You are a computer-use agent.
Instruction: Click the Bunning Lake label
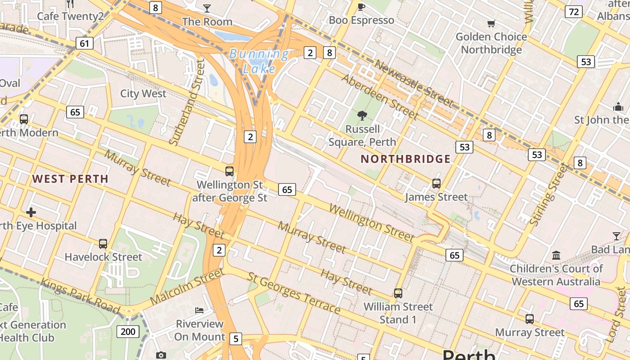(x=259, y=61)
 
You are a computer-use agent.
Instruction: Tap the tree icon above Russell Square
(x=362, y=116)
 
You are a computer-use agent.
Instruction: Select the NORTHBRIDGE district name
(x=405, y=159)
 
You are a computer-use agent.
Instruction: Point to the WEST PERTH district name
(x=70, y=179)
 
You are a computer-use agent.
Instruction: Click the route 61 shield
(x=85, y=43)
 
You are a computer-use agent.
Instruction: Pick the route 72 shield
(x=573, y=12)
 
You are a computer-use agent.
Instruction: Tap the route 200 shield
(x=128, y=332)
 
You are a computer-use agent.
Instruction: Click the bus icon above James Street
(x=436, y=184)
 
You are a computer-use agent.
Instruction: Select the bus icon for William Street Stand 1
(x=398, y=293)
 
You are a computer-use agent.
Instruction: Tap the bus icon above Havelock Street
(x=103, y=244)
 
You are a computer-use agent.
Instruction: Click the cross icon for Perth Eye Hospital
(x=31, y=212)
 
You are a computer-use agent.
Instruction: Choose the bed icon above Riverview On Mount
(x=199, y=310)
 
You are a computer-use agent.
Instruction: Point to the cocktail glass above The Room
(x=207, y=8)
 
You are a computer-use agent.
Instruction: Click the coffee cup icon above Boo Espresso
(x=361, y=7)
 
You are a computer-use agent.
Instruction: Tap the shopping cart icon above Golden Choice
(x=491, y=23)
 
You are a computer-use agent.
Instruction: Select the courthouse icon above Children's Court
(x=556, y=256)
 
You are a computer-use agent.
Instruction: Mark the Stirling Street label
(x=548, y=195)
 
